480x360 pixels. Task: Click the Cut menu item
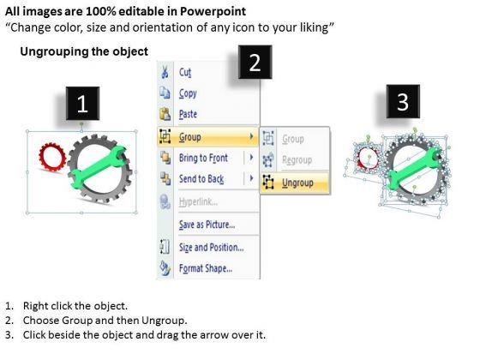pos(185,72)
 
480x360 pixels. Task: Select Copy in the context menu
pos(188,93)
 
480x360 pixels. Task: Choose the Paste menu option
pos(188,114)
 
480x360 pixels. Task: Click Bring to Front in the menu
pos(203,158)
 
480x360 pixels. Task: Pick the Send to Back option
pos(201,179)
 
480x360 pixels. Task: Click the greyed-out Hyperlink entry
pos(198,201)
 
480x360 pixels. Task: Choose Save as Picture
pos(207,225)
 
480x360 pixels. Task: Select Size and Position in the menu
pos(211,248)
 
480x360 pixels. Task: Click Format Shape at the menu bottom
pos(206,268)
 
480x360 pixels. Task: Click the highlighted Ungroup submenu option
pos(297,183)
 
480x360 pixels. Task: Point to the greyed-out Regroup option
pos(297,159)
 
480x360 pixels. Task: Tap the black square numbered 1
pos(82,103)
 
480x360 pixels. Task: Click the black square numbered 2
pos(255,62)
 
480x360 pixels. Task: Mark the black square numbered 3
pos(403,101)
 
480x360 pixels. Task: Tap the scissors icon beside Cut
pos(165,72)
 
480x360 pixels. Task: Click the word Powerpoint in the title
pos(213,12)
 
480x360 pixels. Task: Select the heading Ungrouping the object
pos(84,51)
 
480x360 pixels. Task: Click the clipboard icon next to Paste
pos(165,114)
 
